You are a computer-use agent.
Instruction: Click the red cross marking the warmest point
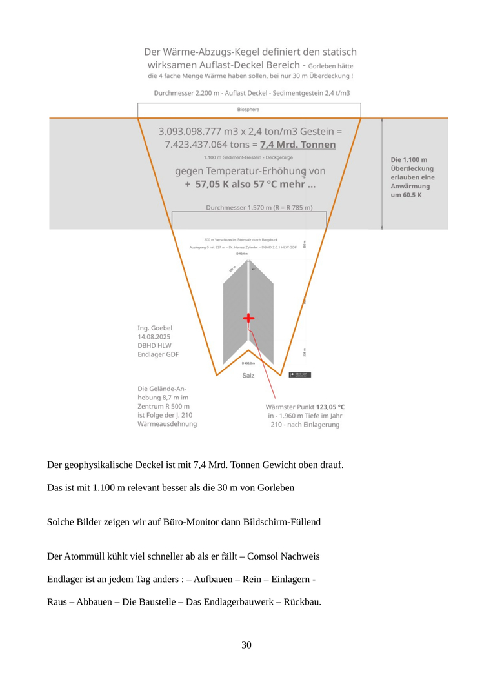click(x=248, y=318)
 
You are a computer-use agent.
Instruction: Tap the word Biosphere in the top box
click(x=248, y=110)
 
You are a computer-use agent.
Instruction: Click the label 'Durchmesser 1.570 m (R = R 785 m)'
click(x=259, y=208)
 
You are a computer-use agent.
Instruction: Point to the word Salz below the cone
click(x=248, y=376)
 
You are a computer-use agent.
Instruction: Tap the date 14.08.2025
click(x=154, y=336)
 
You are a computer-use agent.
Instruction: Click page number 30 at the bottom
click(x=246, y=645)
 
